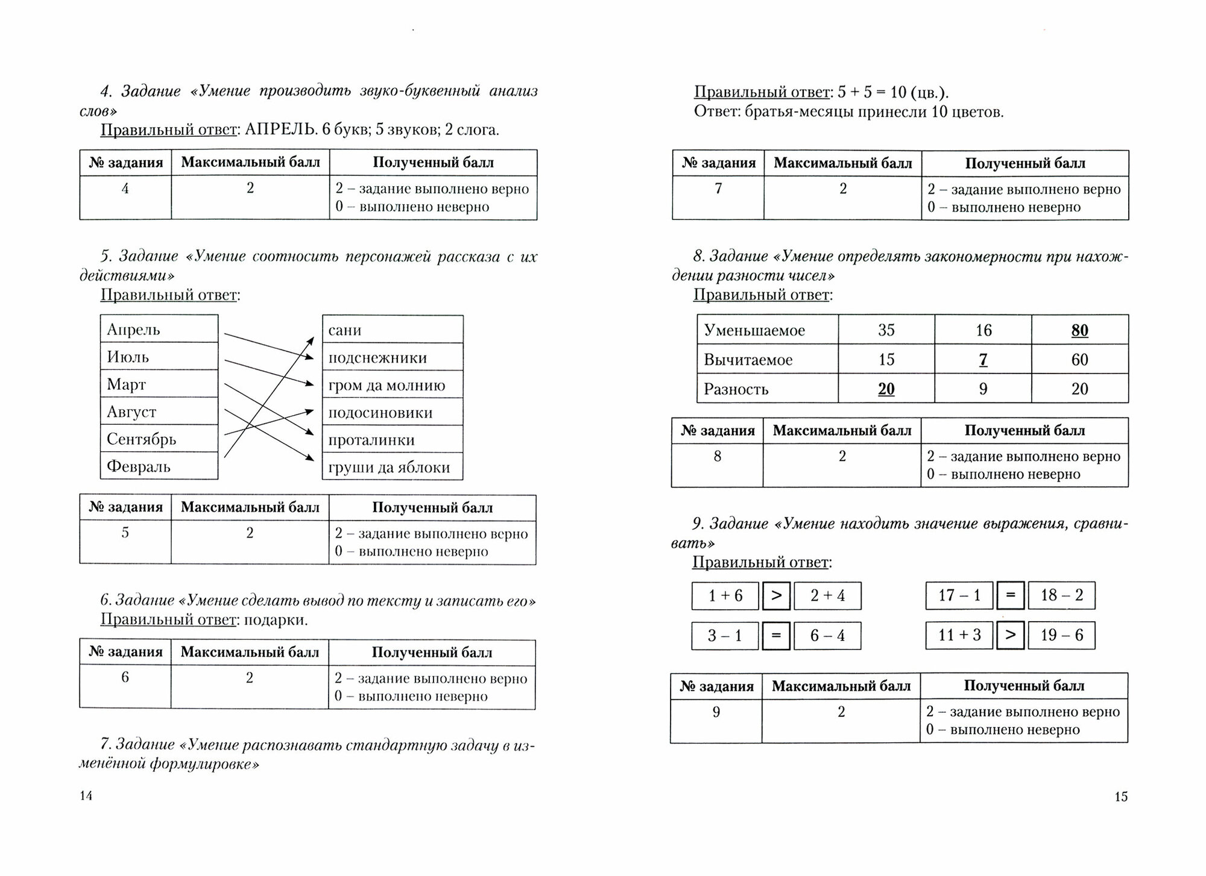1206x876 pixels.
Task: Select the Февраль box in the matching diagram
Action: pos(159,466)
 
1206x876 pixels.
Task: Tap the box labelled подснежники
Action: pos(393,358)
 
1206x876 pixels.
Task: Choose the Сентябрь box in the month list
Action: pos(159,439)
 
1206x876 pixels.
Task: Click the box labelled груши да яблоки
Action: pos(393,468)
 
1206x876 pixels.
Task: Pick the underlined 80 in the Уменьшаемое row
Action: pos(1079,330)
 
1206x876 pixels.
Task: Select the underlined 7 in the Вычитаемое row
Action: pos(983,360)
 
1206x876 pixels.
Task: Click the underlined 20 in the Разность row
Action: pos(886,389)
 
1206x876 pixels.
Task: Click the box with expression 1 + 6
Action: pos(725,596)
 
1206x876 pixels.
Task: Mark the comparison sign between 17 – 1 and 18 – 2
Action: pos(1011,596)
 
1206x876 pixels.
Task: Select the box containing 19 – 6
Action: pos(1061,635)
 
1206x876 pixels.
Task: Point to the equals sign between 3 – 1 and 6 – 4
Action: pos(776,636)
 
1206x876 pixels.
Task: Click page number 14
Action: pos(86,796)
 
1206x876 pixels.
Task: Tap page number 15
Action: pos(1120,796)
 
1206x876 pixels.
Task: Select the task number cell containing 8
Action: pos(717,457)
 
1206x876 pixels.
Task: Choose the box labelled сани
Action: pos(393,330)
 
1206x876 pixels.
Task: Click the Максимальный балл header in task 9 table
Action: pos(841,686)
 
